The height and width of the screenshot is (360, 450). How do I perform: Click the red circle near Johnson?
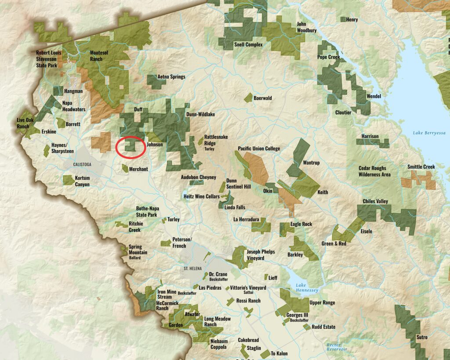click(131, 147)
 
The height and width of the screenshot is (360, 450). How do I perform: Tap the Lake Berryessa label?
click(429, 133)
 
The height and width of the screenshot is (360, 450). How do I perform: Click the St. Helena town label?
click(192, 267)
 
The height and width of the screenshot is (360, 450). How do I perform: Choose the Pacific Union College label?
click(259, 149)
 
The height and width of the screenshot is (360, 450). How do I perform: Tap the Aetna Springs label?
click(171, 77)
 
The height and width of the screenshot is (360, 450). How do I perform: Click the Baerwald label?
click(263, 98)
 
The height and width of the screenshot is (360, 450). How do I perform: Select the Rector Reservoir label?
click(337, 347)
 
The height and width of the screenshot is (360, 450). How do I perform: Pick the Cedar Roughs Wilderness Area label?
click(374, 171)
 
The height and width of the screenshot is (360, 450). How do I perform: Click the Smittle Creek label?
click(421, 167)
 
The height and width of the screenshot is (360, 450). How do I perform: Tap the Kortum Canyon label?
click(82, 181)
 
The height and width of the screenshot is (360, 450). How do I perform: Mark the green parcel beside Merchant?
click(125, 168)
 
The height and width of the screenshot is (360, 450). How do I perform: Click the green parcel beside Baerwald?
click(248, 97)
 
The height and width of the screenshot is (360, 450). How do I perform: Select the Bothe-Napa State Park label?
click(146, 212)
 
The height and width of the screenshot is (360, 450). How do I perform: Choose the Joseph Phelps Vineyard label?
click(261, 255)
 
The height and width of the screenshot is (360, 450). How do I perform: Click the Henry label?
click(352, 20)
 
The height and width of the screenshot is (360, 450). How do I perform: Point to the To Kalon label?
click(279, 353)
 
